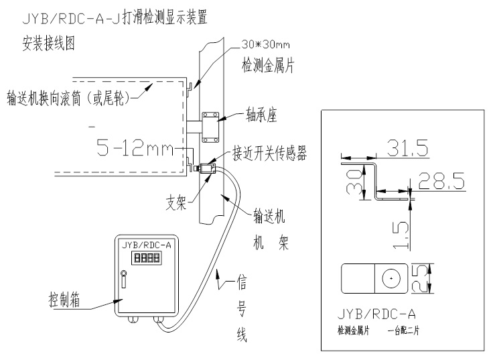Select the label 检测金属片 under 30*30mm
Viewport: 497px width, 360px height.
[x=271, y=67]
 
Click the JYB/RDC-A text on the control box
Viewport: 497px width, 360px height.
[x=146, y=245]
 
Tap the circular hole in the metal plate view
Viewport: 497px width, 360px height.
[x=389, y=278]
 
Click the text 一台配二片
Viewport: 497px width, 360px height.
[x=406, y=331]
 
